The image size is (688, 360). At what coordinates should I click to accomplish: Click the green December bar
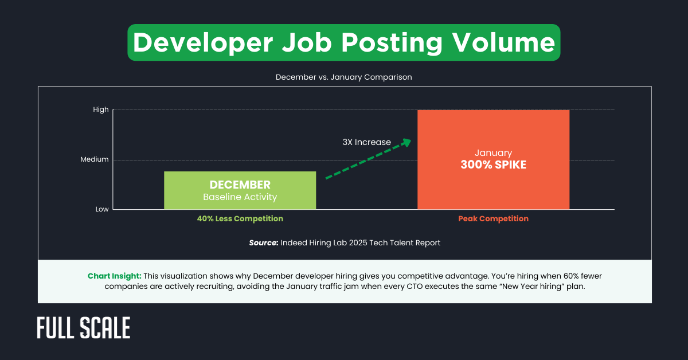click(240, 190)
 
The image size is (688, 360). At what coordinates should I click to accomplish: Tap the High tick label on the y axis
click(100, 109)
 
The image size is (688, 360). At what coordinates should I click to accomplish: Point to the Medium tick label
click(95, 159)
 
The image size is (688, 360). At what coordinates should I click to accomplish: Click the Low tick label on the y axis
click(102, 209)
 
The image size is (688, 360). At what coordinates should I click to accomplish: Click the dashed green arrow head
click(406, 142)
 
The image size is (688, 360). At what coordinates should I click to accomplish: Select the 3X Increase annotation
click(367, 142)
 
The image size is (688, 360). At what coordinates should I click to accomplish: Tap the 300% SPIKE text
click(493, 165)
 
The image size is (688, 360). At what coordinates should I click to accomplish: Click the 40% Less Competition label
click(240, 218)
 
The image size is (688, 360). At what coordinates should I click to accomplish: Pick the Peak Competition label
click(493, 218)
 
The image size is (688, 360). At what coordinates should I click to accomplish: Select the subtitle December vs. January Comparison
click(344, 77)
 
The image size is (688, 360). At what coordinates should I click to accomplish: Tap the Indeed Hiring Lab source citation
click(361, 243)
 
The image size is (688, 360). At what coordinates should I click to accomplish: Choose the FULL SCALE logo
click(84, 328)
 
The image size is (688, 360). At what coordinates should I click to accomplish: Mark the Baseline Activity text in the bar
click(240, 197)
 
